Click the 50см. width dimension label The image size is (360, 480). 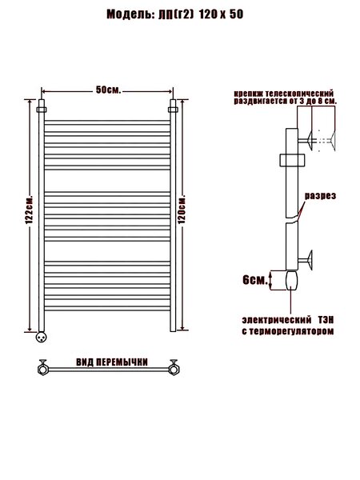108,90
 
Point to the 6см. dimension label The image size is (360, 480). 255,280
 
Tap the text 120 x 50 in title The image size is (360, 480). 222,14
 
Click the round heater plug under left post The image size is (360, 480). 41,337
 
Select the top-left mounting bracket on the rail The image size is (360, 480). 42,110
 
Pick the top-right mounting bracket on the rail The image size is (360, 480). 173,110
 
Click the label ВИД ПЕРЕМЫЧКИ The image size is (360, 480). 112,362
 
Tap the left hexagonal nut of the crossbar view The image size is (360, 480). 42,369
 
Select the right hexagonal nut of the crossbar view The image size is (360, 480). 174,369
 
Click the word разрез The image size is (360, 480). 320,196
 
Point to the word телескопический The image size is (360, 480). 299,93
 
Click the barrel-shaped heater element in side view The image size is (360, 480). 291,280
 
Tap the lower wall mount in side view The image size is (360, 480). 306,260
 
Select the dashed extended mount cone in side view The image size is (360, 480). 326,140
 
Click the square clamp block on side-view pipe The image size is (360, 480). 292,160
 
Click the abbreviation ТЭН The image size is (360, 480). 326,320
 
